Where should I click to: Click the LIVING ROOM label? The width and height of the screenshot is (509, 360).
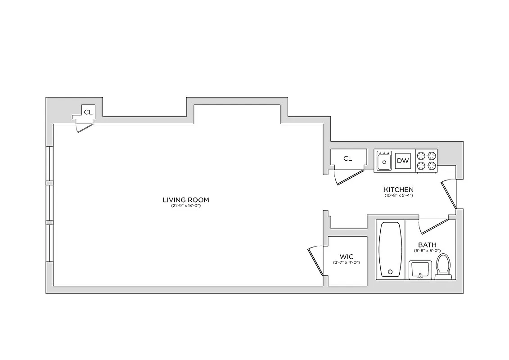pos(186,200)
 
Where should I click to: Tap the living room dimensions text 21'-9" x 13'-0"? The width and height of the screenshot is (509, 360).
pos(186,206)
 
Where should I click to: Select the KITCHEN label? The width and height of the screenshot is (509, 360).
pos(398,189)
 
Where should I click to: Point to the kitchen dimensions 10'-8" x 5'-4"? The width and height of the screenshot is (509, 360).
pos(398,196)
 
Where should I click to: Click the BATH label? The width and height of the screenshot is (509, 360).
pos(427,245)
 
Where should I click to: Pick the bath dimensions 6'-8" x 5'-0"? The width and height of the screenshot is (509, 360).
pos(427,251)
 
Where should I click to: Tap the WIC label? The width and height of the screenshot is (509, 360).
pos(347,257)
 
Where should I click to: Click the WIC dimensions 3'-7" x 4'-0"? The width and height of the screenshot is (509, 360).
pos(347,263)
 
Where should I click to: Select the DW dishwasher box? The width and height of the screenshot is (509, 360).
pos(403,161)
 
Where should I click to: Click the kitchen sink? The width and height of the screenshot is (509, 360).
pos(384,161)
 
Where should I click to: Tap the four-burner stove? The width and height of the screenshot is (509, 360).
pos(427,161)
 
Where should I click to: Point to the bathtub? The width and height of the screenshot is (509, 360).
pos(390,249)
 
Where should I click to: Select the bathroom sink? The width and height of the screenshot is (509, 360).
pos(420,270)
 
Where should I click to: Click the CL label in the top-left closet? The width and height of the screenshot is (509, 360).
pos(89,112)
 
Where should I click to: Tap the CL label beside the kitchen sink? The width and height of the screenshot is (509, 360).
pos(347,158)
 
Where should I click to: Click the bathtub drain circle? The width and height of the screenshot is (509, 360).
pos(390,271)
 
